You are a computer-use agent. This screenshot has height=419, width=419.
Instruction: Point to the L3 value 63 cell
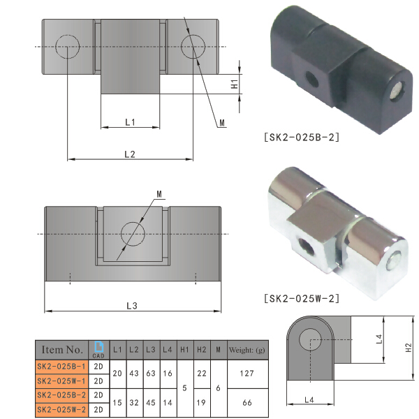tap(151, 374)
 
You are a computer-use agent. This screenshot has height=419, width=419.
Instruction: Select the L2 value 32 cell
tap(134, 403)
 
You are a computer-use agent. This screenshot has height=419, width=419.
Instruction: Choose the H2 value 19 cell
tap(201, 403)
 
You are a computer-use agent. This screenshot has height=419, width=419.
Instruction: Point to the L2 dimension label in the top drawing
tap(130, 154)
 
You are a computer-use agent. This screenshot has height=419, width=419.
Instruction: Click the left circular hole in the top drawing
tap(68, 47)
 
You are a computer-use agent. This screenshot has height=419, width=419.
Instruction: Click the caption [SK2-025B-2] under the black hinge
tap(302, 137)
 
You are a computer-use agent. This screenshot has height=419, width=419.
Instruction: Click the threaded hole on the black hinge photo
tap(311, 76)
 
